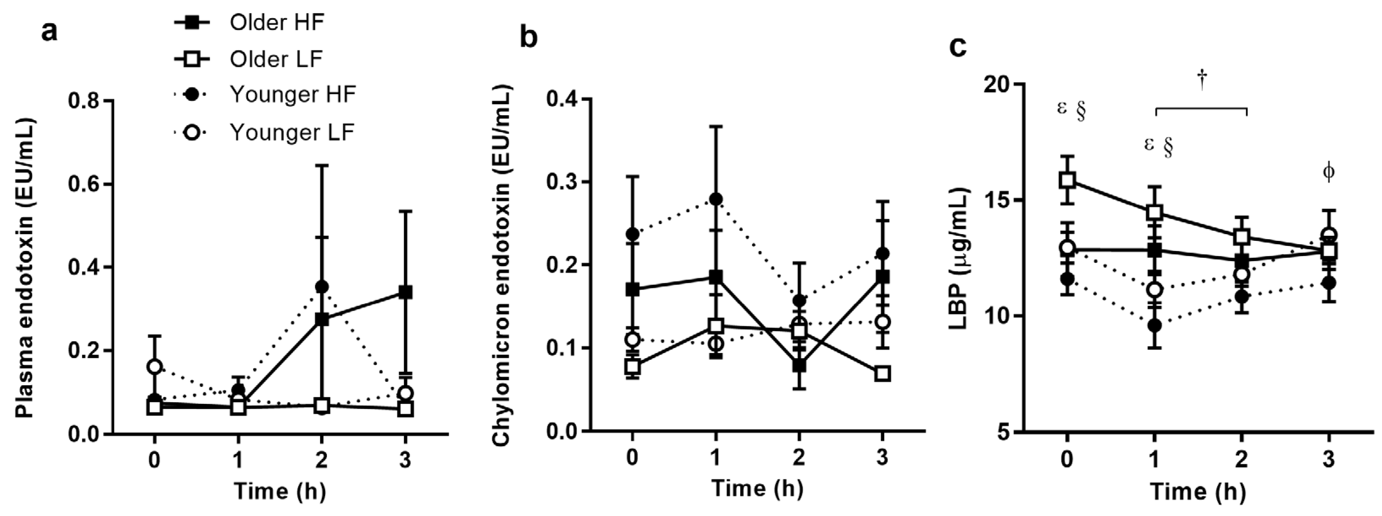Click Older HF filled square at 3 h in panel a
coord(406,292)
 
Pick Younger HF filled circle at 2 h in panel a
coord(321,287)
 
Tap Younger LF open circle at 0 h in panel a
coord(155,366)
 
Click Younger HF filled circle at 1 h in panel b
coord(716,199)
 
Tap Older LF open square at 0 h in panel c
coord(1067,179)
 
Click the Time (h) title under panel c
coord(1197,491)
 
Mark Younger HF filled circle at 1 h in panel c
coord(1155,325)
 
